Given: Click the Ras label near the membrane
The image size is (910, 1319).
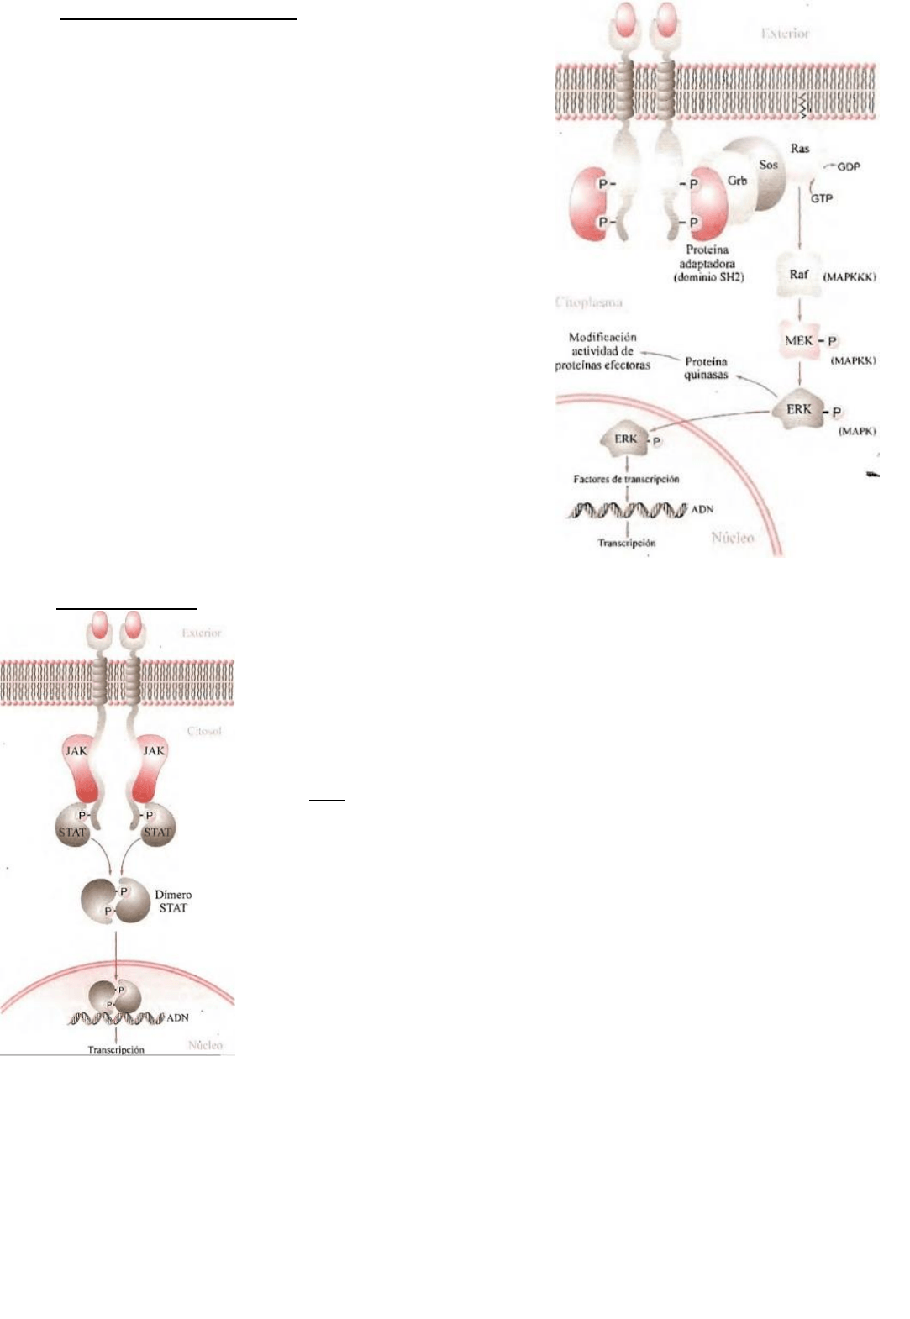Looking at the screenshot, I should (x=799, y=149).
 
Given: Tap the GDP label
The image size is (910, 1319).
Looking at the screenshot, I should (x=849, y=167).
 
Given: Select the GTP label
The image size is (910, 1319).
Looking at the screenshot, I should (x=822, y=198).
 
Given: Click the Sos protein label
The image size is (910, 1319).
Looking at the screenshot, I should (x=768, y=165).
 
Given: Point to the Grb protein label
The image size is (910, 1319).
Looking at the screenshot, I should (x=737, y=181).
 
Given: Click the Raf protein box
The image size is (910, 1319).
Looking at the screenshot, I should (x=799, y=276).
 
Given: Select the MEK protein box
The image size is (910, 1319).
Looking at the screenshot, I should (x=799, y=340).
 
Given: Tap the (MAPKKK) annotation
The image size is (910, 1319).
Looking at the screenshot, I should (x=850, y=276).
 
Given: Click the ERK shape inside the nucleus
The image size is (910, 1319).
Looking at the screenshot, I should (x=626, y=439).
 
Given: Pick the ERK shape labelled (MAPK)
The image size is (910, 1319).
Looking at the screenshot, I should (x=799, y=409).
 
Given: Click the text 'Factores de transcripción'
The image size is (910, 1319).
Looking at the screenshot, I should (x=626, y=479).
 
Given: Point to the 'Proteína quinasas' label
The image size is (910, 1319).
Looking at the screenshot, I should (x=706, y=368).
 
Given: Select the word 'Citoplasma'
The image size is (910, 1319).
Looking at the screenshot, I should (x=589, y=302).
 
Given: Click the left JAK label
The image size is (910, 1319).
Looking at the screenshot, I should (x=76, y=751).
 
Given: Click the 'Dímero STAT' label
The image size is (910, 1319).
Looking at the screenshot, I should (x=173, y=901).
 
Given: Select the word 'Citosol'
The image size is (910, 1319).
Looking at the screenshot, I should (x=204, y=731).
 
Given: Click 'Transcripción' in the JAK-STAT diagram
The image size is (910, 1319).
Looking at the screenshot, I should (x=116, y=1049).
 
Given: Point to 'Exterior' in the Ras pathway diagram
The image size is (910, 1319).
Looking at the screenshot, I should (x=785, y=34).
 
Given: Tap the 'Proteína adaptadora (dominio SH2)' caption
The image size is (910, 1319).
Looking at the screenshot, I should (x=707, y=263).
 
